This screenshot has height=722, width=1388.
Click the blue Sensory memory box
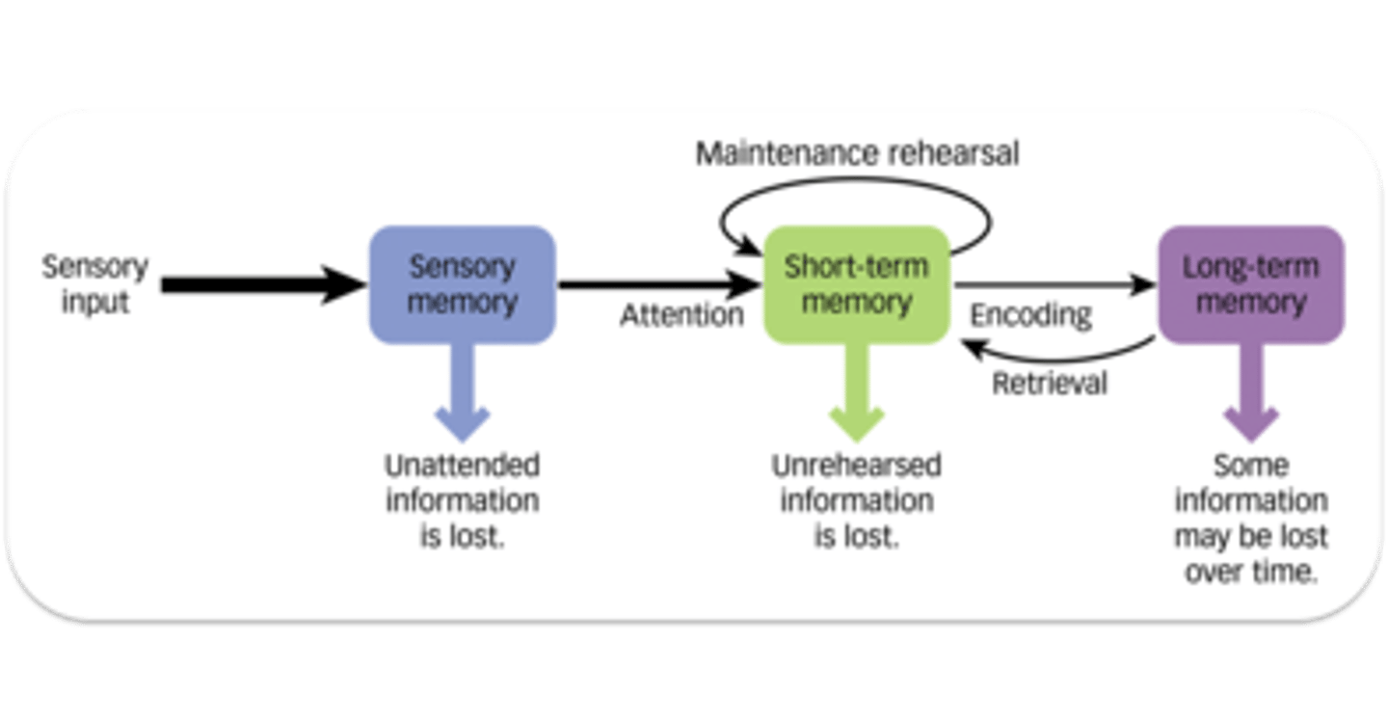point(463,284)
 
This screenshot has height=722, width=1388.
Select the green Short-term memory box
point(856,284)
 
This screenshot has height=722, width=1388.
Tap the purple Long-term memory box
point(1250,284)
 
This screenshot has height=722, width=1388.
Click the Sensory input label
point(94,284)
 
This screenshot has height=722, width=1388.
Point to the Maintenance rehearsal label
point(857,153)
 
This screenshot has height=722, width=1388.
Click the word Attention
point(681,315)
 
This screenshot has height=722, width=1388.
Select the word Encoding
point(1030,315)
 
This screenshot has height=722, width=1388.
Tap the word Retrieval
point(1050,383)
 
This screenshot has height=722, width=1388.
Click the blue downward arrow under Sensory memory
point(463,390)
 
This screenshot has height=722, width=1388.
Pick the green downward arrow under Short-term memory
point(856,390)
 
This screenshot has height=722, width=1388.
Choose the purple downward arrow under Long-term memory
point(1250,390)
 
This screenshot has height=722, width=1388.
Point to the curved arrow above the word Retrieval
point(1060,354)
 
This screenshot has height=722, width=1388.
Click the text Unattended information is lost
point(463,501)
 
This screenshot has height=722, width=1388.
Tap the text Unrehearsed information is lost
point(856,501)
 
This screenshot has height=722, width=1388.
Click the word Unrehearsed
point(856,467)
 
